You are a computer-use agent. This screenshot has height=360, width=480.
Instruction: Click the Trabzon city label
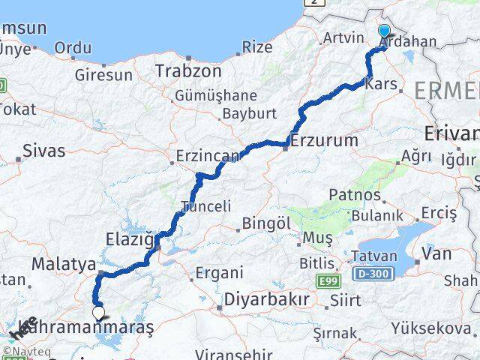(x=188, y=71)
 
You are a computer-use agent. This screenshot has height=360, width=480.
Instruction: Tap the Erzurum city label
(x=324, y=140)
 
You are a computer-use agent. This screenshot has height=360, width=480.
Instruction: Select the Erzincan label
(x=206, y=157)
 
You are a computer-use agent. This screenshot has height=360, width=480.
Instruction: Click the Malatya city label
(x=64, y=264)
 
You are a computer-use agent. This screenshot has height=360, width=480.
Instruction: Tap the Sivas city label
(x=44, y=150)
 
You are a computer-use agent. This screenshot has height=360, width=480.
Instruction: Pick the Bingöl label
(x=266, y=223)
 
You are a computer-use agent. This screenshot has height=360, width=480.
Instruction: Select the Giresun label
(x=103, y=75)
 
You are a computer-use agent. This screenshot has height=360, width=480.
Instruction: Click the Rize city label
(x=258, y=47)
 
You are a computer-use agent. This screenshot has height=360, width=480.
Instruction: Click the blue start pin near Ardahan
(x=385, y=31)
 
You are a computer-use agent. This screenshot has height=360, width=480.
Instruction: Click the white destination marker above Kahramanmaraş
(x=98, y=312)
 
